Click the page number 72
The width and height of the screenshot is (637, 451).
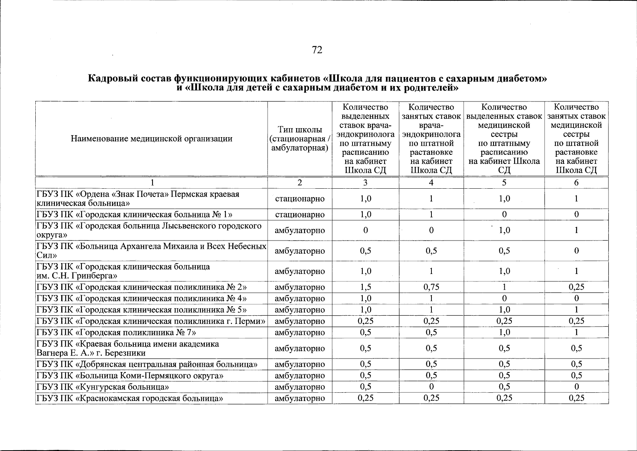coord(317,50)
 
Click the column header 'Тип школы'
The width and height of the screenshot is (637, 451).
coord(300,130)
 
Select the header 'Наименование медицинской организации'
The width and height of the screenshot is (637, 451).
coord(151,139)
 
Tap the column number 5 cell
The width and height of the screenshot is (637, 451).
coord(504,183)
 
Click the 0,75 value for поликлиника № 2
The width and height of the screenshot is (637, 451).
coord(431,287)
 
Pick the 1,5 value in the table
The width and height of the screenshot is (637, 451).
coord(365,287)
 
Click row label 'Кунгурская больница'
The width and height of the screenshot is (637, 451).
coord(102,387)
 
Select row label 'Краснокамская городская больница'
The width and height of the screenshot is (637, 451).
coord(130,398)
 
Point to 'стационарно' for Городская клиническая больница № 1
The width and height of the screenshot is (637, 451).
coord(300,215)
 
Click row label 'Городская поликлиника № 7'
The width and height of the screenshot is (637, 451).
coord(116,332)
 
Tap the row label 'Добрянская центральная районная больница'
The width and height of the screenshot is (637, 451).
coord(147,364)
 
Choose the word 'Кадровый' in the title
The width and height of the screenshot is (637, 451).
coord(111,79)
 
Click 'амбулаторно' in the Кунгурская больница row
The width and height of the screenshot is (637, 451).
coord(300,387)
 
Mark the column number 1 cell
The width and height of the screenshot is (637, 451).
coord(151,183)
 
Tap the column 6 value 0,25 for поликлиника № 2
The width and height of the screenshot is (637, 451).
coord(576,287)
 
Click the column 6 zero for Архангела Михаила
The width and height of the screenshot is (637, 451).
coord(576,251)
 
